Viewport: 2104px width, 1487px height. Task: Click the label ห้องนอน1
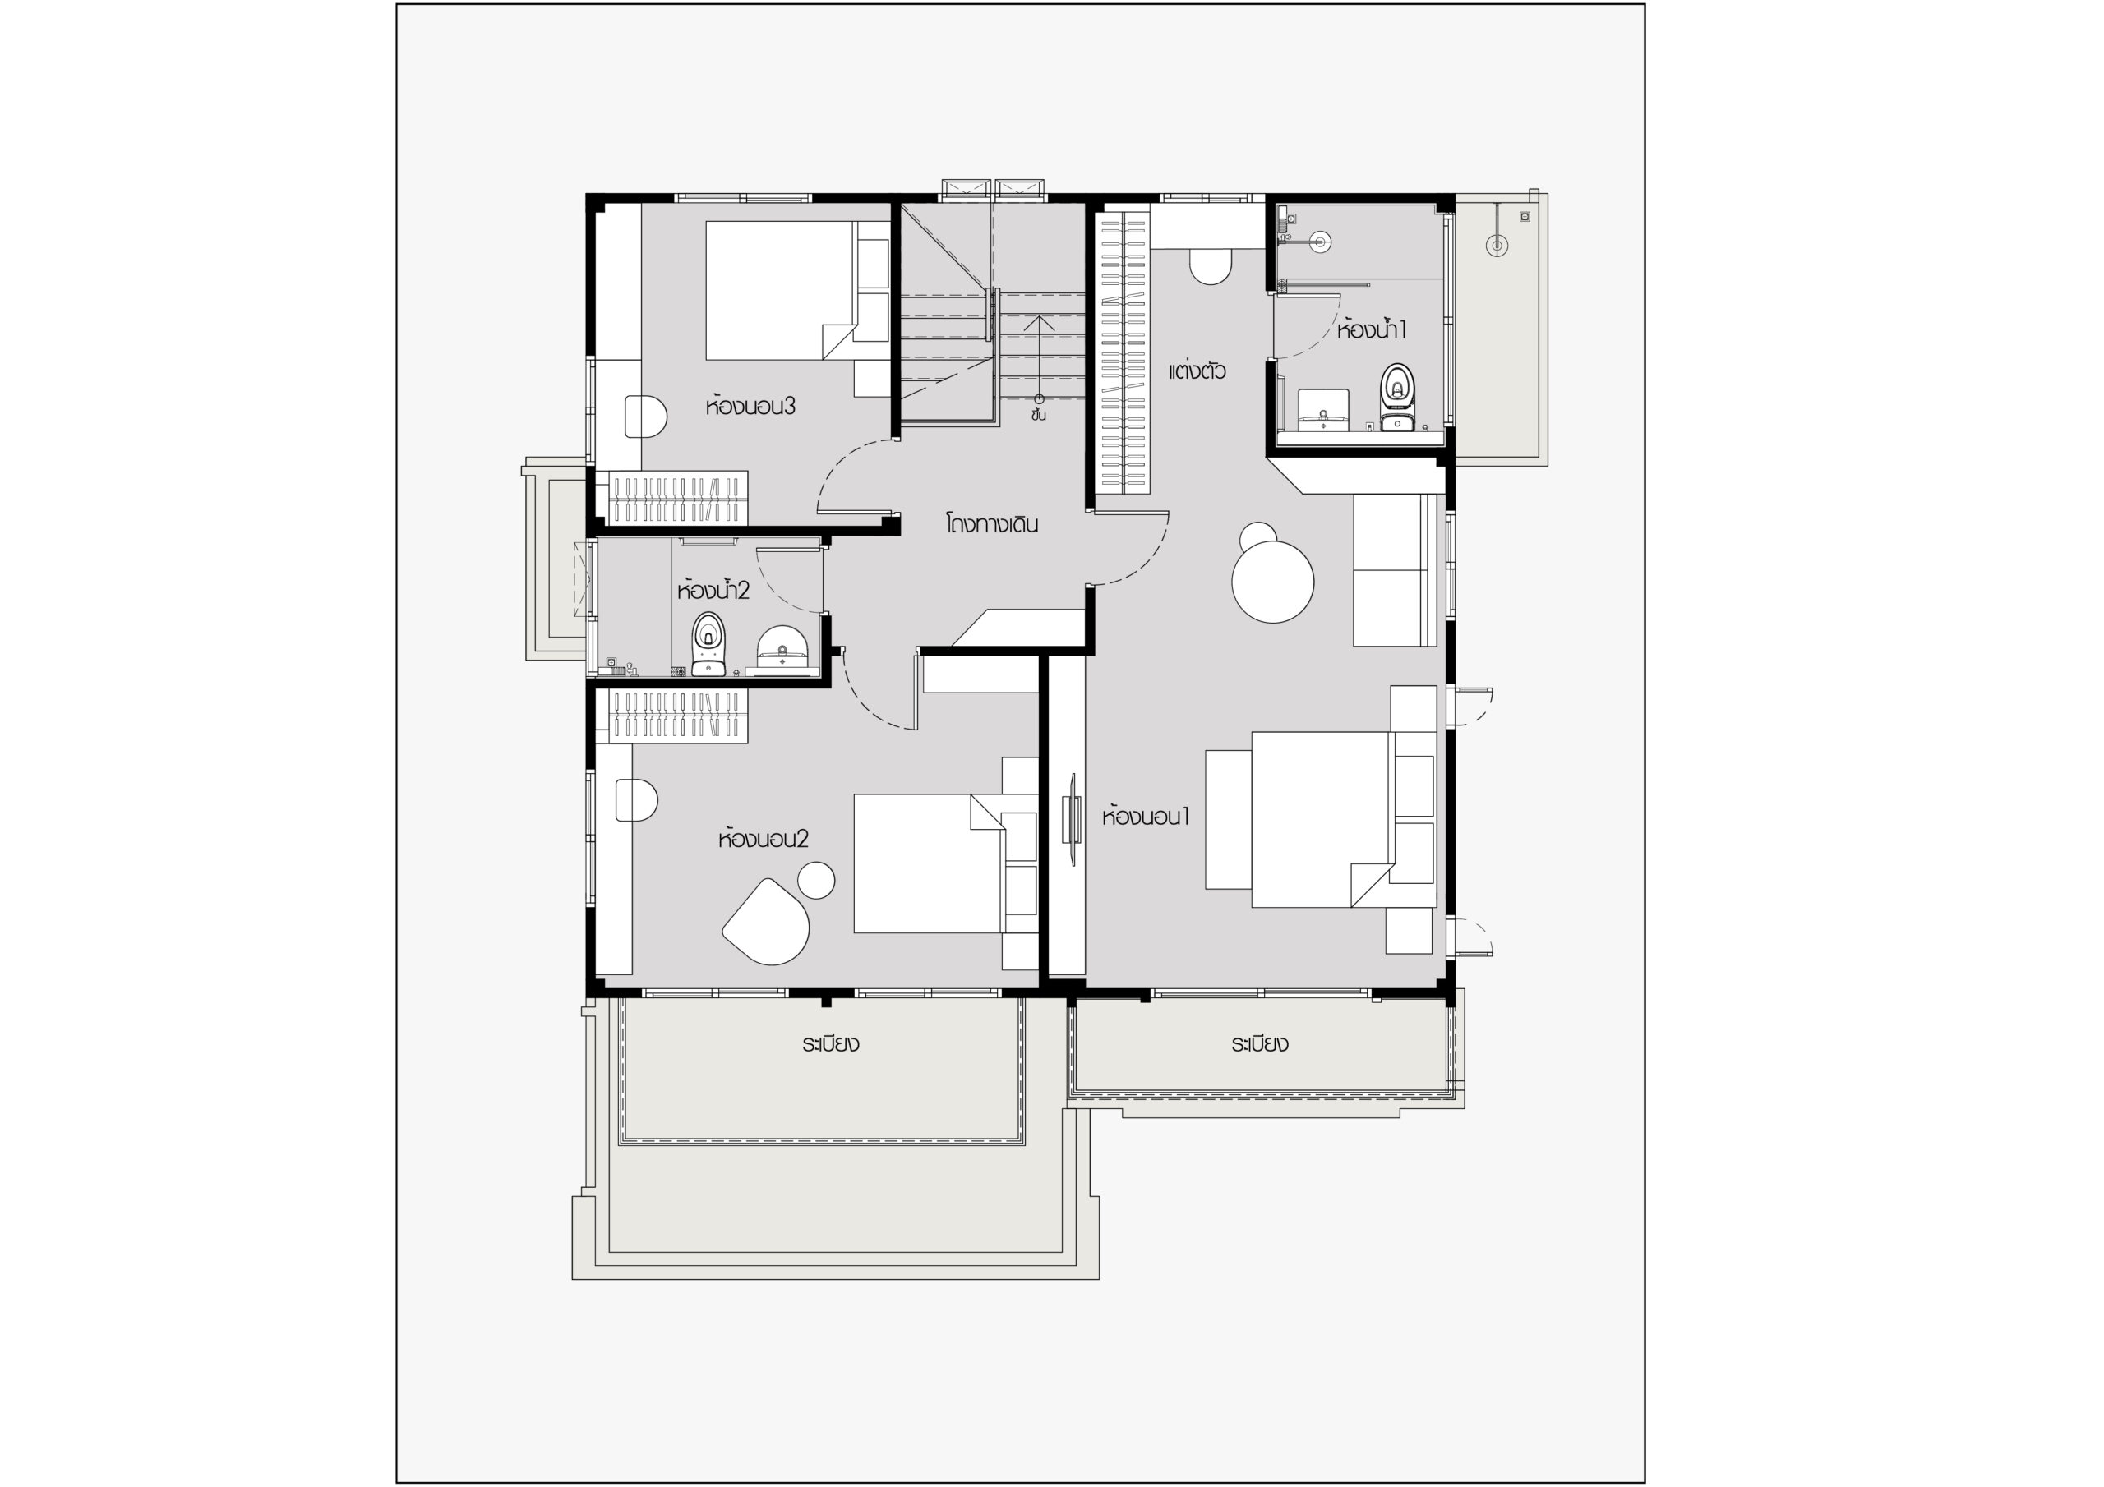coord(1146,816)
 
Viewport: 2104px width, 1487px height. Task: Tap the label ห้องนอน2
coord(764,838)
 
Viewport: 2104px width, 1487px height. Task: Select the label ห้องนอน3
coord(750,406)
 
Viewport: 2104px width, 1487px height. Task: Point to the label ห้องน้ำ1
coord(1371,329)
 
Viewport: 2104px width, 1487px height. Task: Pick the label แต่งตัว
coord(1197,371)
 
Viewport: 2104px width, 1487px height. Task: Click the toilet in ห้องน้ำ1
coord(1396,397)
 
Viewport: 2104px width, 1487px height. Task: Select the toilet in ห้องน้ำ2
coord(708,643)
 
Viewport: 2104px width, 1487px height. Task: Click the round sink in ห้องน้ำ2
coord(782,649)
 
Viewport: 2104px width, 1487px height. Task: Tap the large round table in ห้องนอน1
coord(1273,581)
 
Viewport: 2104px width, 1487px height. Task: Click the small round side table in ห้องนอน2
coord(815,881)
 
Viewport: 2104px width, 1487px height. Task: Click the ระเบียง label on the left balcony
coord(830,1043)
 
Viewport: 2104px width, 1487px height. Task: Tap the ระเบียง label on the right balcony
coord(1260,1043)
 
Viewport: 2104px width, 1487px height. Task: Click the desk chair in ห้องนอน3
coord(645,416)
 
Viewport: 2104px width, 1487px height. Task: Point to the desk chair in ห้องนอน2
coord(637,800)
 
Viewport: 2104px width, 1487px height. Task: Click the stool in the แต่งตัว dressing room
coord(1210,265)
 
